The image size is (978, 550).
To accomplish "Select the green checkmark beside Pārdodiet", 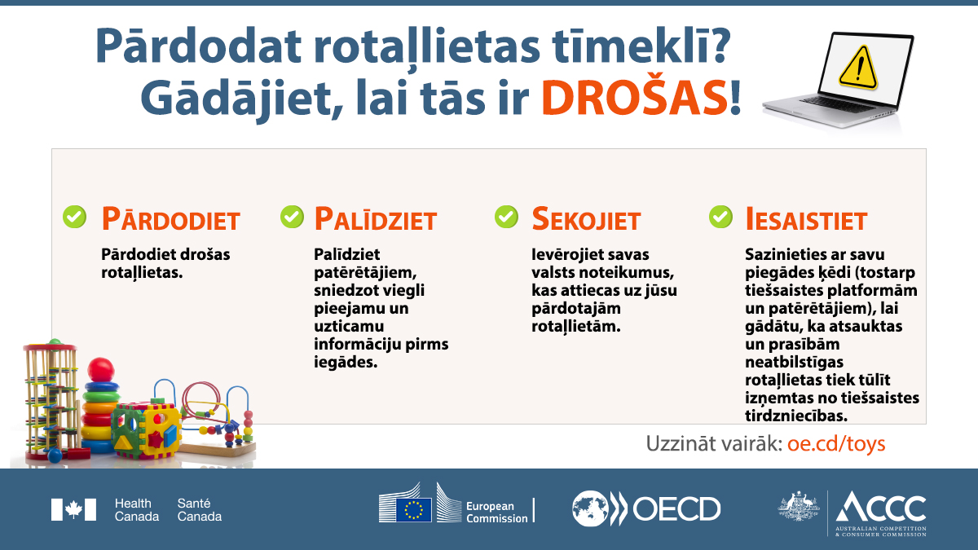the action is [x=75, y=217].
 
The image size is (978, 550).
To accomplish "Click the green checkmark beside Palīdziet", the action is [x=292, y=217].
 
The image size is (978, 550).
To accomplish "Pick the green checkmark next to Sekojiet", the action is [x=506, y=217].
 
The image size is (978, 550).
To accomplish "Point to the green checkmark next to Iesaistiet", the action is [x=720, y=217].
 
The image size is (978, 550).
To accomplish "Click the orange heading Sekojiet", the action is [x=586, y=218].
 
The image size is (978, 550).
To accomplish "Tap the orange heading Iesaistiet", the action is [x=806, y=218].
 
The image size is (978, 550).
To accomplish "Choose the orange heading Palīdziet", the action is [x=376, y=218].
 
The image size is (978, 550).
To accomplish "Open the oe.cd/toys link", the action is [x=836, y=444].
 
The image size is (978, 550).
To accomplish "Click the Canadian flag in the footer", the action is [x=73, y=509].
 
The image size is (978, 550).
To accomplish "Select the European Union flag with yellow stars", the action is [x=413, y=510].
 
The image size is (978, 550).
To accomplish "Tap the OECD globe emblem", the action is [x=590, y=508].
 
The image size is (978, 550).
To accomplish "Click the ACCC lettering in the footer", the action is [x=881, y=507].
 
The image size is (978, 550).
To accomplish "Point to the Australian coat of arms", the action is [x=799, y=505].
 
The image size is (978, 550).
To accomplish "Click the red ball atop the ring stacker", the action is [x=101, y=370].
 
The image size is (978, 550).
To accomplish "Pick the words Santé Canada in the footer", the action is [x=199, y=510].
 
